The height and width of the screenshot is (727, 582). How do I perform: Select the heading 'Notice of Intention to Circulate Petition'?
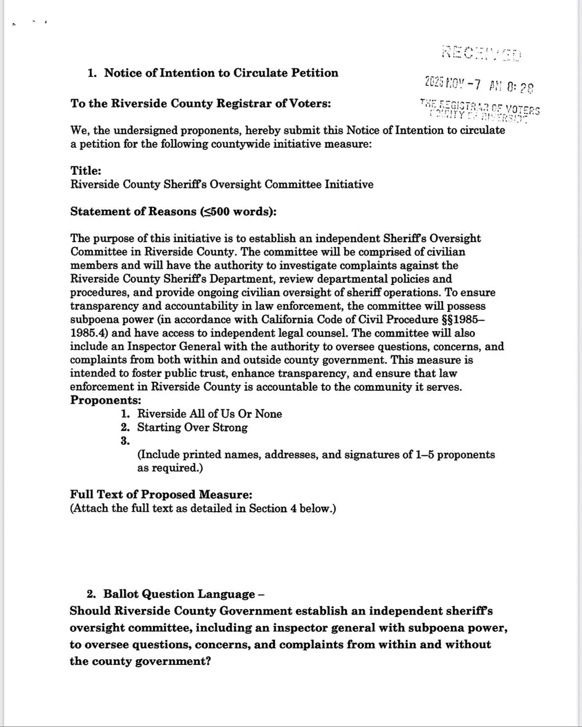point(221,73)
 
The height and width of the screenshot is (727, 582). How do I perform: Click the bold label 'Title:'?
point(86,171)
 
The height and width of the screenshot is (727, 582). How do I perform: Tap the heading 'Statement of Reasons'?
point(173,212)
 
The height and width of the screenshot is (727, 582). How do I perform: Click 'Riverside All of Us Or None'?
point(209,414)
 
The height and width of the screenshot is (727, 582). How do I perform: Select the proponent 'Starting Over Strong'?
point(192,428)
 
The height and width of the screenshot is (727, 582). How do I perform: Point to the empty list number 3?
point(125,441)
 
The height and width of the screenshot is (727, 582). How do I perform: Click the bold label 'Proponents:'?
point(105,400)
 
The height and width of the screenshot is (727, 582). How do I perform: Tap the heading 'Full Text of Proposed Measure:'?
point(161,495)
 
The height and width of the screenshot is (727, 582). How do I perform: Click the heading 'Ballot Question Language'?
point(179,594)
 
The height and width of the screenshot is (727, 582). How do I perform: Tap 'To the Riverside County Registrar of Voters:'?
point(200,104)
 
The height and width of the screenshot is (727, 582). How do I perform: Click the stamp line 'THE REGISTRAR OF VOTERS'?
point(480,107)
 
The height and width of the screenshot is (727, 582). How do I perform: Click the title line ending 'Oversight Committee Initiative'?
point(221,184)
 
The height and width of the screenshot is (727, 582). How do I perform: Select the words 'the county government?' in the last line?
point(140,662)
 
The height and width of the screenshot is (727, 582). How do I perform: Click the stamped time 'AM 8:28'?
point(511,87)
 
